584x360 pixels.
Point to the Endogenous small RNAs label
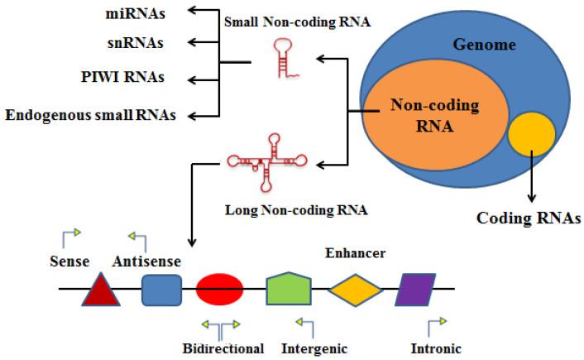[x=91, y=114]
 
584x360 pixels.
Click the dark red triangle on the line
[x=99, y=290]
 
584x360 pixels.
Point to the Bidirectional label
[x=223, y=348]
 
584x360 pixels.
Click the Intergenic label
[x=314, y=348]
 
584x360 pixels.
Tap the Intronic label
[x=435, y=348]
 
